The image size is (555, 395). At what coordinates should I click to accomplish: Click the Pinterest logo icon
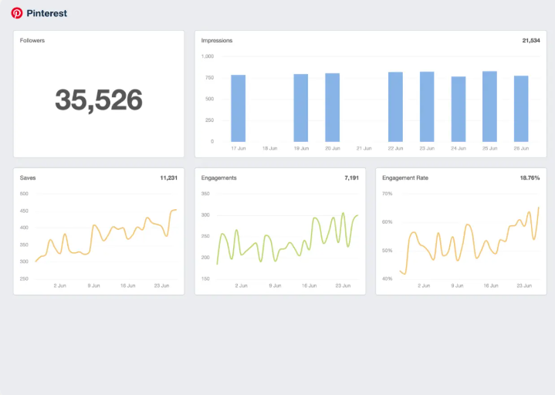pyautogui.click(x=17, y=13)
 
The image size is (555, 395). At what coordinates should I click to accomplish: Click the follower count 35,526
pyautogui.click(x=99, y=100)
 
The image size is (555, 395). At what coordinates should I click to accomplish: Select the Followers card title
pyautogui.click(x=32, y=40)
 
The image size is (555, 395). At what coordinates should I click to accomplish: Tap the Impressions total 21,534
pyautogui.click(x=530, y=40)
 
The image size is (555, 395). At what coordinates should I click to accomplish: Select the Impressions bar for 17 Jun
pyautogui.click(x=239, y=108)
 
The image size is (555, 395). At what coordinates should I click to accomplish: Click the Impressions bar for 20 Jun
pyautogui.click(x=333, y=107)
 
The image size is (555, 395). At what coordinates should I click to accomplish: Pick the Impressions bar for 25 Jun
pyautogui.click(x=489, y=106)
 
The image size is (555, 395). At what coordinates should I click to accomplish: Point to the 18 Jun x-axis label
pyautogui.click(x=270, y=148)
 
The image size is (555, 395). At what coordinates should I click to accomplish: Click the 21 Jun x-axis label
pyautogui.click(x=364, y=148)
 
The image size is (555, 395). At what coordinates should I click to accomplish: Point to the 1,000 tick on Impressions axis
pyautogui.click(x=207, y=56)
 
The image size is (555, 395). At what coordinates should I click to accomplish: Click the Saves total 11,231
pyautogui.click(x=168, y=177)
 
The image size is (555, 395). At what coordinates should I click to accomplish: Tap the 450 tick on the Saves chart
pyautogui.click(x=24, y=211)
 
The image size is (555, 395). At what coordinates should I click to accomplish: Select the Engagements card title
pyautogui.click(x=218, y=177)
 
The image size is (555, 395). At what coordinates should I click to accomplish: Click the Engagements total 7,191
pyautogui.click(x=350, y=177)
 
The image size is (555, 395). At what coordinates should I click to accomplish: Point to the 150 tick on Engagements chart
pyautogui.click(x=206, y=279)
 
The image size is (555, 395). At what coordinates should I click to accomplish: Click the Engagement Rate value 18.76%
pyautogui.click(x=530, y=177)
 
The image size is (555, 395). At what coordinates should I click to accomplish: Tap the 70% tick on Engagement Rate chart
pyautogui.click(x=387, y=194)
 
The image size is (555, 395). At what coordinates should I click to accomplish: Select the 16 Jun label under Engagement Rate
pyautogui.click(x=490, y=285)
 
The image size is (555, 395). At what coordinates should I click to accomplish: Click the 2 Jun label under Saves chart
pyautogui.click(x=59, y=285)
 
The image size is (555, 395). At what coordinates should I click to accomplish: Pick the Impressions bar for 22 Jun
pyautogui.click(x=395, y=107)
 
